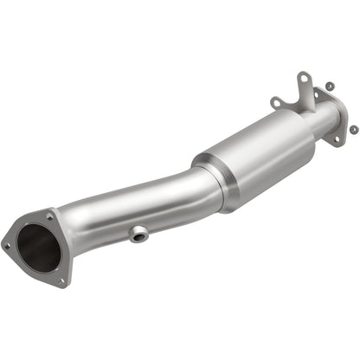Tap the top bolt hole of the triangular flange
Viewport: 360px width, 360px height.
coord(50,218)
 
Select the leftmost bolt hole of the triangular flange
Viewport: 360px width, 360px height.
coord(7,245)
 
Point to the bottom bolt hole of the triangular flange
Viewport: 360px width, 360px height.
coord(61,280)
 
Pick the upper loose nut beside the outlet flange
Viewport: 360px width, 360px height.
coord(330,87)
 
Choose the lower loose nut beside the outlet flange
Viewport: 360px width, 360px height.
coord(353,129)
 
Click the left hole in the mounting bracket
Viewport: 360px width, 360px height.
coord(275,102)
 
